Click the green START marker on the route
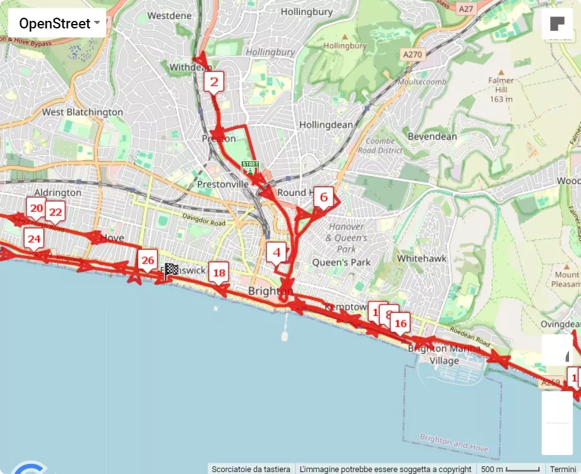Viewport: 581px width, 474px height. tap(251, 167)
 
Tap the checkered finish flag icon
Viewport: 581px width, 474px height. tap(171, 270)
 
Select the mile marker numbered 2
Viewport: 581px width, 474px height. tap(214, 82)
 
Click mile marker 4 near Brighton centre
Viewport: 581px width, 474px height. tap(276, 253)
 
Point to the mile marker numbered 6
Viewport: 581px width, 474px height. tap(323, 197)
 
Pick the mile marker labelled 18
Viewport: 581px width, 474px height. tap(219, 273)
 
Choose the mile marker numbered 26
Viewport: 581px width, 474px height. tap(148, 260)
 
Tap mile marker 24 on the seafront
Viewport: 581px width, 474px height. tap(34, 239)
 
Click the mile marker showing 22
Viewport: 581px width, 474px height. tap(55, 212)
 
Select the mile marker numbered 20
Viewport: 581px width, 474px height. tap(36, 208)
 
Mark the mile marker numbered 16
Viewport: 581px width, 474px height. tap(400, 324)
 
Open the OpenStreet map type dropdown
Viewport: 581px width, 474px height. tap(57, 24)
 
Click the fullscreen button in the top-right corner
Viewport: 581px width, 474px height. tap(557, 24)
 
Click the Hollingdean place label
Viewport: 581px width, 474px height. tap(326, 125)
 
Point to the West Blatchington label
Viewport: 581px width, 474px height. tap(82, 112)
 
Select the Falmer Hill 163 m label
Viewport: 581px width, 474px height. tap(501, 90)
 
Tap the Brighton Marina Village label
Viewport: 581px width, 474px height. tap(444, 355)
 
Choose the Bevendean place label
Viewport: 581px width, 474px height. tap(432, 137)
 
